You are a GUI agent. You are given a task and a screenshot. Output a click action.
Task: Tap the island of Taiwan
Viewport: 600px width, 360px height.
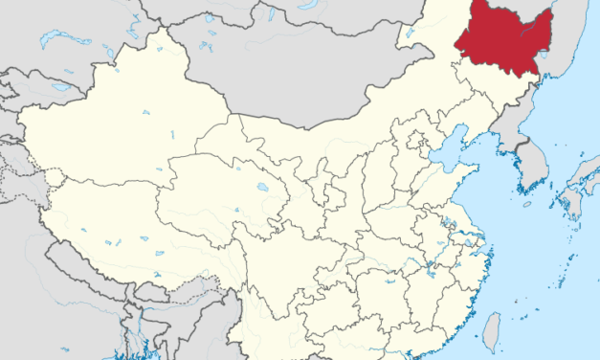[x=491, y=330]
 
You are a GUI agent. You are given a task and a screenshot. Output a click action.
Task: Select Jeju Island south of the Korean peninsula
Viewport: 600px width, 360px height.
[x=526, y=204]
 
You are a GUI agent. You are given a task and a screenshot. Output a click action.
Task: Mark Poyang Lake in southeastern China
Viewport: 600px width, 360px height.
[x=429, y=271]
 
